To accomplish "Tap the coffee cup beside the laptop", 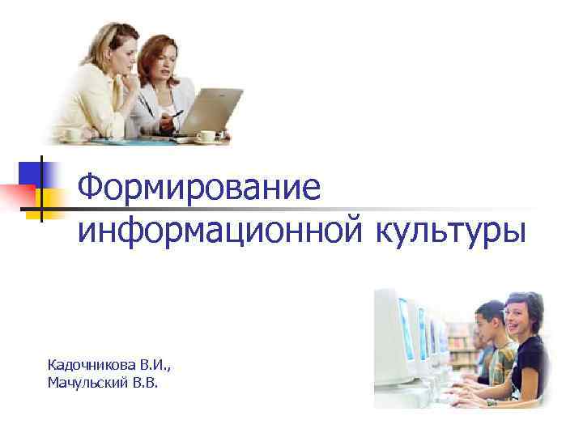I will (x=206, y=136).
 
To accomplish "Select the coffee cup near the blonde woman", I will (x=74, y=134).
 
